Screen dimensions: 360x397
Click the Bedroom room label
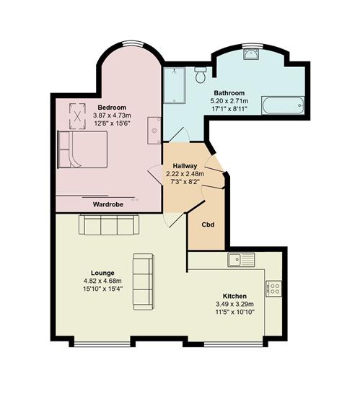pyautogui.click(x=112, y=108)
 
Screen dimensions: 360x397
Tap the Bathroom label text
pyautogui.click(x=229, y=92)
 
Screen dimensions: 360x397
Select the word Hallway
pyautogui.click(x=185, y=166)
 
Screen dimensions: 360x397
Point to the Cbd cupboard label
pyautogui.click(x=208, y=224)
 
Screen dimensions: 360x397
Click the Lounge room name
pyautogui.click(x=102, y=273)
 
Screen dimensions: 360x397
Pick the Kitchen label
pyautogui.click(x=234, y=296)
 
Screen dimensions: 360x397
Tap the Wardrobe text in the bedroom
pyautogui.click(x=108, y=204)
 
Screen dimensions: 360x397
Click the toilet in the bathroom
pyautogui.click(x=201, y=74)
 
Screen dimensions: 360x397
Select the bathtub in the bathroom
pyautogui.click(x=283, y=105)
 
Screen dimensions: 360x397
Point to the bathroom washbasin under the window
pyautogui.click(x=251, y=53)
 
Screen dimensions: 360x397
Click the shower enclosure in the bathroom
pyautogui.click(x=175, y=85)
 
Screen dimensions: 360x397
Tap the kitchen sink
pyautogui.click(x=241, y=260)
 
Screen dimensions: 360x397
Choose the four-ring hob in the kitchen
pyautogui.click(x=273, y=289)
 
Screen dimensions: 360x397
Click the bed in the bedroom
pyautogui.click(x=82, y=149)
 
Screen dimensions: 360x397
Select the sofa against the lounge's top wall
pyautogui.click(x=109, y=224)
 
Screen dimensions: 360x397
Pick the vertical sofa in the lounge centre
pyautogui.click(x=144, y=282)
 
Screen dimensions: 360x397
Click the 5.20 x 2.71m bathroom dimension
pyautogui.click(x=229, y=101)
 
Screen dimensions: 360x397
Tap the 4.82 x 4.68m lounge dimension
pyautogui.click(x=102, y=281)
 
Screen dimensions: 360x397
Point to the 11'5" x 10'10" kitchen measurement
pyautogui.click(x=234, y=312)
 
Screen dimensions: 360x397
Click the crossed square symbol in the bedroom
pyautogui.click(x=77, y=116)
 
